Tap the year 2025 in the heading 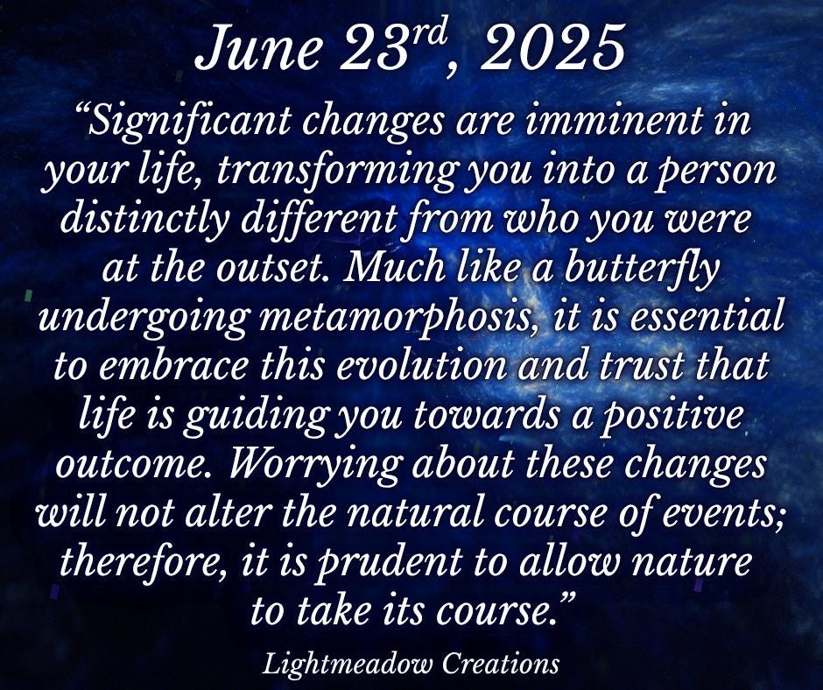pyautogui.click(x=553, y=47)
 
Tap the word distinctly pyautogui.click(x=144, y=220)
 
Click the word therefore pyautogui.click(x=137, y=562)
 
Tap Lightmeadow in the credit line pyautogui.click(x=348, y=664)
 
